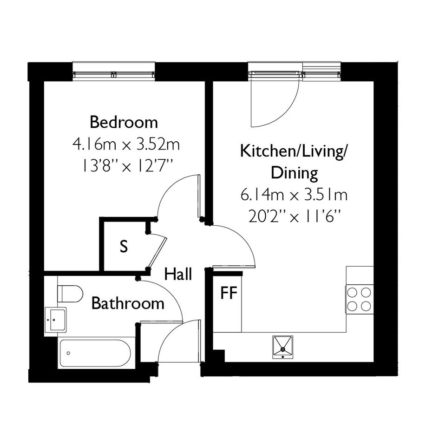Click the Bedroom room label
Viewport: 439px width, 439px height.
pos(124,123)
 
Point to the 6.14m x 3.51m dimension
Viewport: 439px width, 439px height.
pos(294,195)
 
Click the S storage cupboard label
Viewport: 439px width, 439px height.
pos(124,246)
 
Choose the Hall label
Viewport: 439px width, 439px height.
pos(178,274)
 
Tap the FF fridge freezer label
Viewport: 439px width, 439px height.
pos(229,293)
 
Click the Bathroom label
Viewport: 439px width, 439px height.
pos(128,303)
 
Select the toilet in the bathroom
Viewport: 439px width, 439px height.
pos(70,294)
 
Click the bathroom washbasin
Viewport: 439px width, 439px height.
pos(56,320)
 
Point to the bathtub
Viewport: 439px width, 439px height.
pos(95,354)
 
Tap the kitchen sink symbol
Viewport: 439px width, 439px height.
pos(283,347)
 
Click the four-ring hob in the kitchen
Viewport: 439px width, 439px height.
pos(359,299)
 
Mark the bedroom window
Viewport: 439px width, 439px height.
pos(114,74)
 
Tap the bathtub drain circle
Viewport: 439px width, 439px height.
pos(69,354)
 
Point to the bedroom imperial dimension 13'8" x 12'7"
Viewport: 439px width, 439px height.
pos(126,166)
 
